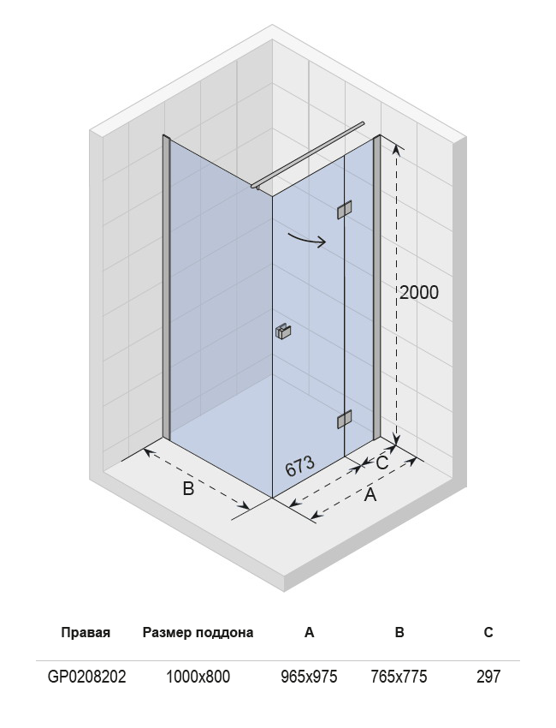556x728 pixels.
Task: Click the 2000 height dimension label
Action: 419,293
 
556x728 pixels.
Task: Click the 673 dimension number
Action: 299,466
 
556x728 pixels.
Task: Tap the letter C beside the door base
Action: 382,462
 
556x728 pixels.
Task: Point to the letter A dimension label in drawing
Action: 370,495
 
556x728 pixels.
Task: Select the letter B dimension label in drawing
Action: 188,488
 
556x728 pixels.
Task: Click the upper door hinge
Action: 344,209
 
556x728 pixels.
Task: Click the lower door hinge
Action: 344,420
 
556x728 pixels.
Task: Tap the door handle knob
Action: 283,331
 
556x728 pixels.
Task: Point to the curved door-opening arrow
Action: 307,241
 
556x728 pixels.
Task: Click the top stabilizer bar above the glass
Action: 308,155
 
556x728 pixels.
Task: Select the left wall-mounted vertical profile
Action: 167,286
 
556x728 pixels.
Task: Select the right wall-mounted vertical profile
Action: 377,286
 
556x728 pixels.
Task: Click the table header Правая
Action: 86,632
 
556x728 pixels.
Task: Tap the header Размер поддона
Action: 198,633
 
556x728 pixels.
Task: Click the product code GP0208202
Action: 86,677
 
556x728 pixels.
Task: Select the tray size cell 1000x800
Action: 198,677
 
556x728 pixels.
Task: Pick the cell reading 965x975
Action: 310,677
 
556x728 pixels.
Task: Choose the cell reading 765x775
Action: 399,677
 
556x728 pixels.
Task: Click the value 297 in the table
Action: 488,677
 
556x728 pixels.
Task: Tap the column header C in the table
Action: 488,632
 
